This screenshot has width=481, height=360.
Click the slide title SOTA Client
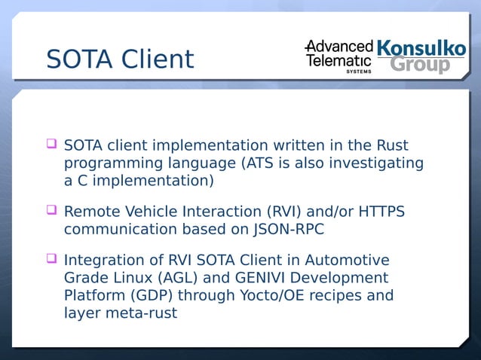pos(119,59)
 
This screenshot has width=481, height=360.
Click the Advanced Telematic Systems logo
pos(339,55)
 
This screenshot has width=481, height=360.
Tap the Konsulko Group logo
pos(421,56)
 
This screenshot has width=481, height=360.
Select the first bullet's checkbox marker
pos(51,142)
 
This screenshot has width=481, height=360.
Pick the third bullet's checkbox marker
pos(51,258)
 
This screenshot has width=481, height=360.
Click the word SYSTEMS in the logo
pos(358,72)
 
